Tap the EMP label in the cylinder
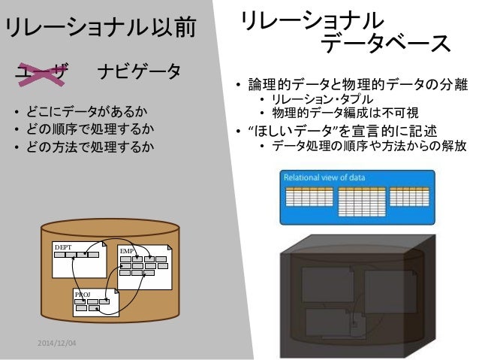pyautogui.click(x=126, y=249)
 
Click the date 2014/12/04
pyautogui.click(x=62, y=343)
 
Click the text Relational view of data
pyautogui.click(x=324, y=177)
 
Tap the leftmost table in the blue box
pyautogui.click(x=308, y=196)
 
